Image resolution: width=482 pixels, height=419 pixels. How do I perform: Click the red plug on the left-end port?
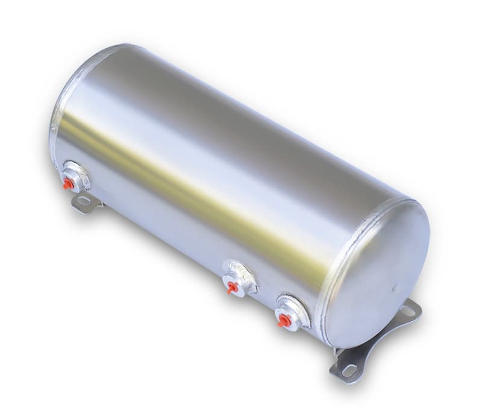tap(68, 183)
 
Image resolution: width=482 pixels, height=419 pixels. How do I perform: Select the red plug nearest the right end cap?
tap(282, 320)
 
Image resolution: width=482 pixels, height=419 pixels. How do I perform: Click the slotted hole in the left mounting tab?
tap(83, 201)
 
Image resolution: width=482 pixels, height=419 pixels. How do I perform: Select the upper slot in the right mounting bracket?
tap(407, 311)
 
